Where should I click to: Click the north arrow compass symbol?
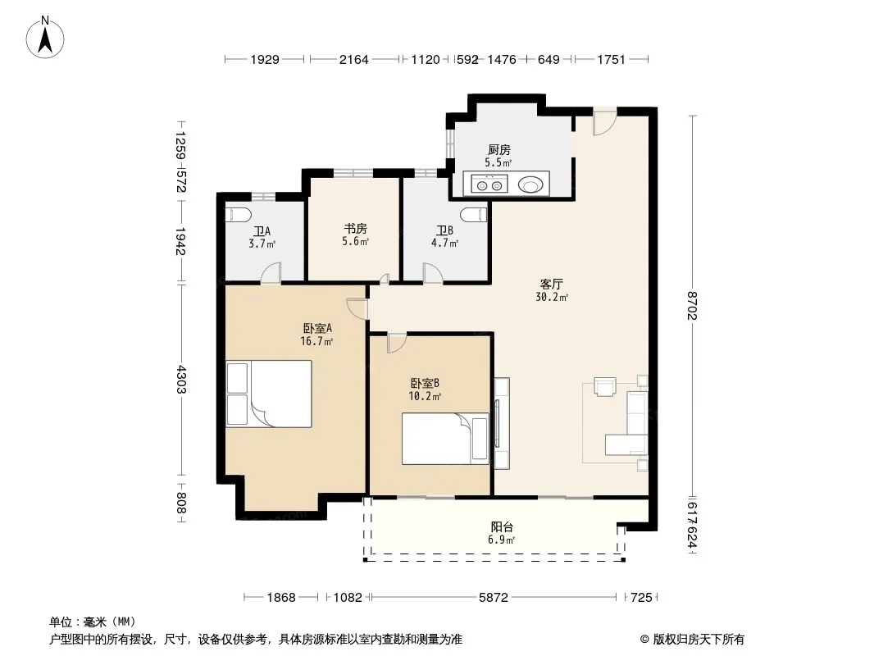coord(45,38)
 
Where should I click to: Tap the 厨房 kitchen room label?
coord(498,149)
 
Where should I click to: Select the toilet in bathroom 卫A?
coord(239,214)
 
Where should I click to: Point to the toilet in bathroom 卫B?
coord(475,214)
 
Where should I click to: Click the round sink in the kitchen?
coord(530,184)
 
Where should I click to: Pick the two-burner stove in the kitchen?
coord(489,184)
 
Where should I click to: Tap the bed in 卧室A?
coord(269,394)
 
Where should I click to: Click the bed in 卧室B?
coord(445,438)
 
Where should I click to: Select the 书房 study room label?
coord(355,229)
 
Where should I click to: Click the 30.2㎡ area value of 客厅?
coord(552,297)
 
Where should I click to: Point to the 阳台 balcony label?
coord(502,526)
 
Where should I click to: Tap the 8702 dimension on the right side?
coord(692,305)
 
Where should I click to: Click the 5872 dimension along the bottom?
coord(494,598)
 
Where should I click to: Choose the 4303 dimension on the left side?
coord(180,379)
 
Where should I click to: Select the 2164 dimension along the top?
coord(354,59)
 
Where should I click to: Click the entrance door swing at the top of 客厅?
coord(604,121)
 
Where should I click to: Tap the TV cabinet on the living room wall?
coord(502,423)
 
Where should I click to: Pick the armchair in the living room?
coord(605,387)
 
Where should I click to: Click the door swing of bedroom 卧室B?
coord(397,342)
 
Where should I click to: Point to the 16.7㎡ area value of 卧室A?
coord(316,341)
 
